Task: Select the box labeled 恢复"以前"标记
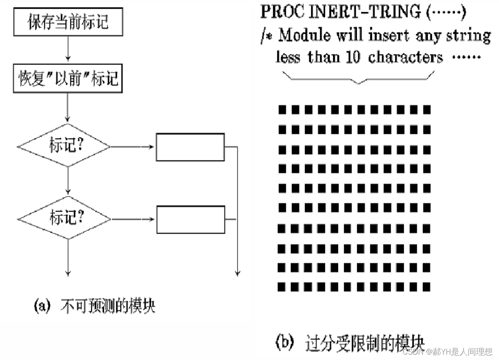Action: (68, 79)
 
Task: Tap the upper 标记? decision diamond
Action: (64, 146)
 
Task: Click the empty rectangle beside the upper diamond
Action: (190, 147)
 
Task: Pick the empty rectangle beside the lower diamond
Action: (190, 219)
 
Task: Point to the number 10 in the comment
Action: (353, 57)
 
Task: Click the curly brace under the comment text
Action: (358, 78)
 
